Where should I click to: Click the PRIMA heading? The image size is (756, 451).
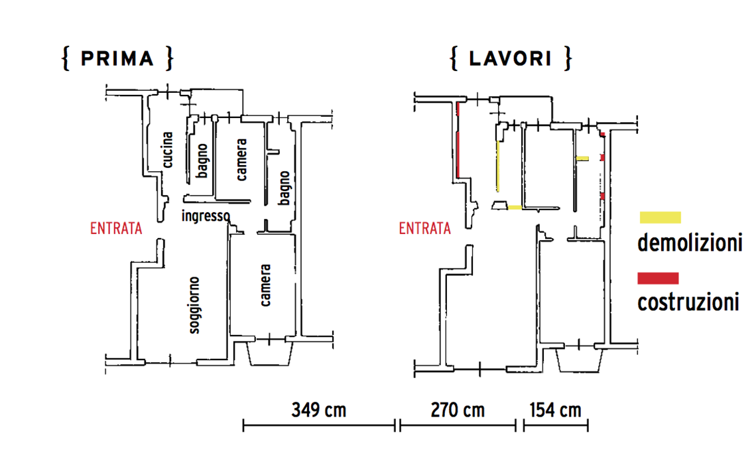[117, 59]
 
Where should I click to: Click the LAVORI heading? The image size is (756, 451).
[510, 59]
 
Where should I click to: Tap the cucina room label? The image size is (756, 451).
[167, 150]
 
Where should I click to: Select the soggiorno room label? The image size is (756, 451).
[194, 305]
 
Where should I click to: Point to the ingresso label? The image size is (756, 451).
[206, 216]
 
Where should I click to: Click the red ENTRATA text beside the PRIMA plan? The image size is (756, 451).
[116, 228]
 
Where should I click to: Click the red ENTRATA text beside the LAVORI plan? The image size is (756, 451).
[425, 228]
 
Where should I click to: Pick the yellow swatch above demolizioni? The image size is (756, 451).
[660, 218]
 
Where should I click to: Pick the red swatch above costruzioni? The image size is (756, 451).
[658, 279]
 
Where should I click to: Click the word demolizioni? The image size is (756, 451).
[690, 243]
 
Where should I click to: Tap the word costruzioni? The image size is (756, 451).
[688, 302]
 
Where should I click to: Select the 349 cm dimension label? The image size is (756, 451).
[319, 410]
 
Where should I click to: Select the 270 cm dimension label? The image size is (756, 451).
[458, 410]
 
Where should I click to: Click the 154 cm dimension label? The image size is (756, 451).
[556, 410]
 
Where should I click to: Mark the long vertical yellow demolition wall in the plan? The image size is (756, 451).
[498, 166]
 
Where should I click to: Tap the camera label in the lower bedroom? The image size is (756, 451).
[265, 285]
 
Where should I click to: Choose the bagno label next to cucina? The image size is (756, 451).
[202, 161]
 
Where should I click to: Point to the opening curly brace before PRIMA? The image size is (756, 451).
[66, 59]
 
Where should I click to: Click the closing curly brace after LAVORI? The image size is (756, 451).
[568, 59]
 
